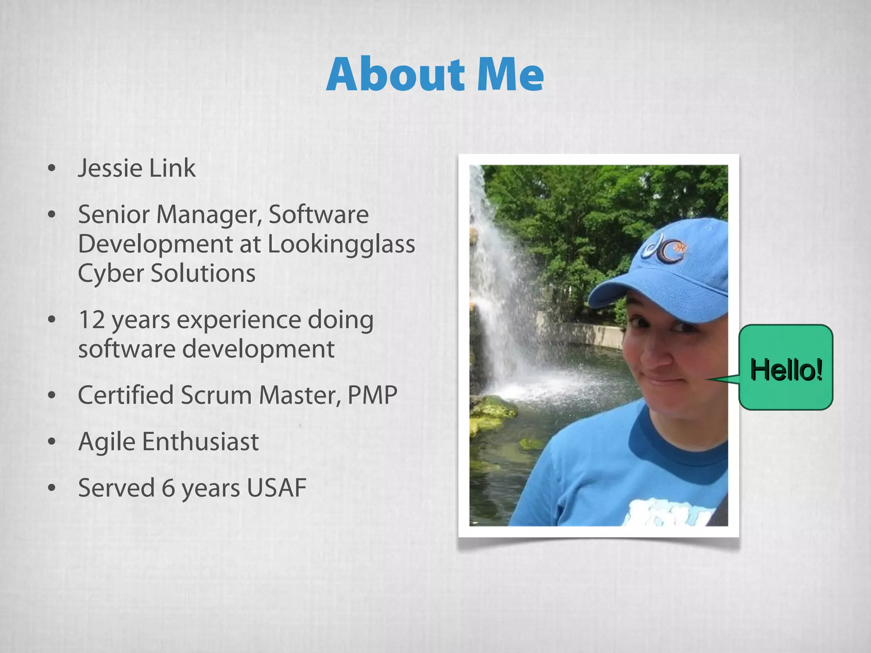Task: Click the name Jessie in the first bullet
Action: [x=110, y=168]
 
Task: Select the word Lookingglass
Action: [x=342, y=244]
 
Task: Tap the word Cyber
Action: [x=111, y=273]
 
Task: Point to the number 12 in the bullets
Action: [x=91, y=320]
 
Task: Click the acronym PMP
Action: [x=372, y=395]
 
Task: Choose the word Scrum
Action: [x=216, y=395]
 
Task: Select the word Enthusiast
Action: [x=200, y=442]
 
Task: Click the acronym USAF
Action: [x=276, y=488]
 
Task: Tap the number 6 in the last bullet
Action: [x=168, y=488]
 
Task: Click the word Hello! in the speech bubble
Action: [x=786, y=369]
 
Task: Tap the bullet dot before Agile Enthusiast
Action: [x=52, y=442]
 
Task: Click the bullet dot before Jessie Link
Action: [x=52, y=168]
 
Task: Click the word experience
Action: [x=239, y=320]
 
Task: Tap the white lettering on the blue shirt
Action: [x=668, y=512]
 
